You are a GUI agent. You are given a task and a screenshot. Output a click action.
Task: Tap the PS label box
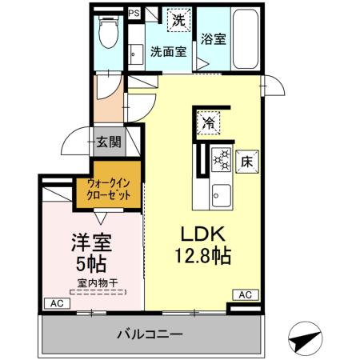pyautogui.click(x=134, y=14)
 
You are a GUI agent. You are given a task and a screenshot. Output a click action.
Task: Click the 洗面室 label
pyautogui.click(x=168, y=53)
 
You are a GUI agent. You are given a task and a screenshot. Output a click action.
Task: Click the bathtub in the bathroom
pyautogui.click(x=243, y=40)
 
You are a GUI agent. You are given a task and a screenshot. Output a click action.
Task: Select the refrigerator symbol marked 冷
pyautogui.click(x=207, y=122)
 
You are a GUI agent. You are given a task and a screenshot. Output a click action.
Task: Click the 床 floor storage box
pyautogui.click(x=246, y=159)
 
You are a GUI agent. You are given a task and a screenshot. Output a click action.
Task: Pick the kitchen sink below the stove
pyautogui.click(x=221, y=194)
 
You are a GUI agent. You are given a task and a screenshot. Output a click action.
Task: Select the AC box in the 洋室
pyautogui.click(x=55, y=303)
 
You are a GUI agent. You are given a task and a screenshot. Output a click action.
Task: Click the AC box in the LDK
pyautogui.click(x=245, y=295)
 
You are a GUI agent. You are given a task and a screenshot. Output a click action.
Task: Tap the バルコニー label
pyautogui.click(x=152, y=334)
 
